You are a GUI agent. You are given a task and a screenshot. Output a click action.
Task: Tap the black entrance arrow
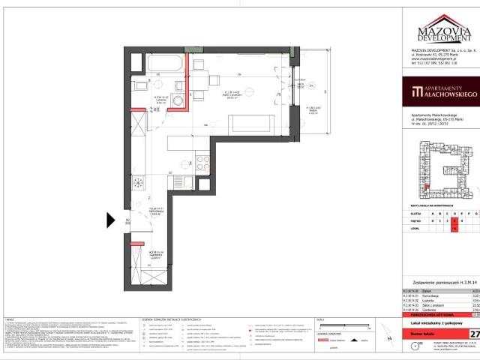click(x=111, y=220)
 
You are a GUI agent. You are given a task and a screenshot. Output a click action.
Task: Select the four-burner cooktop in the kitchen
click(x=138, y=183)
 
